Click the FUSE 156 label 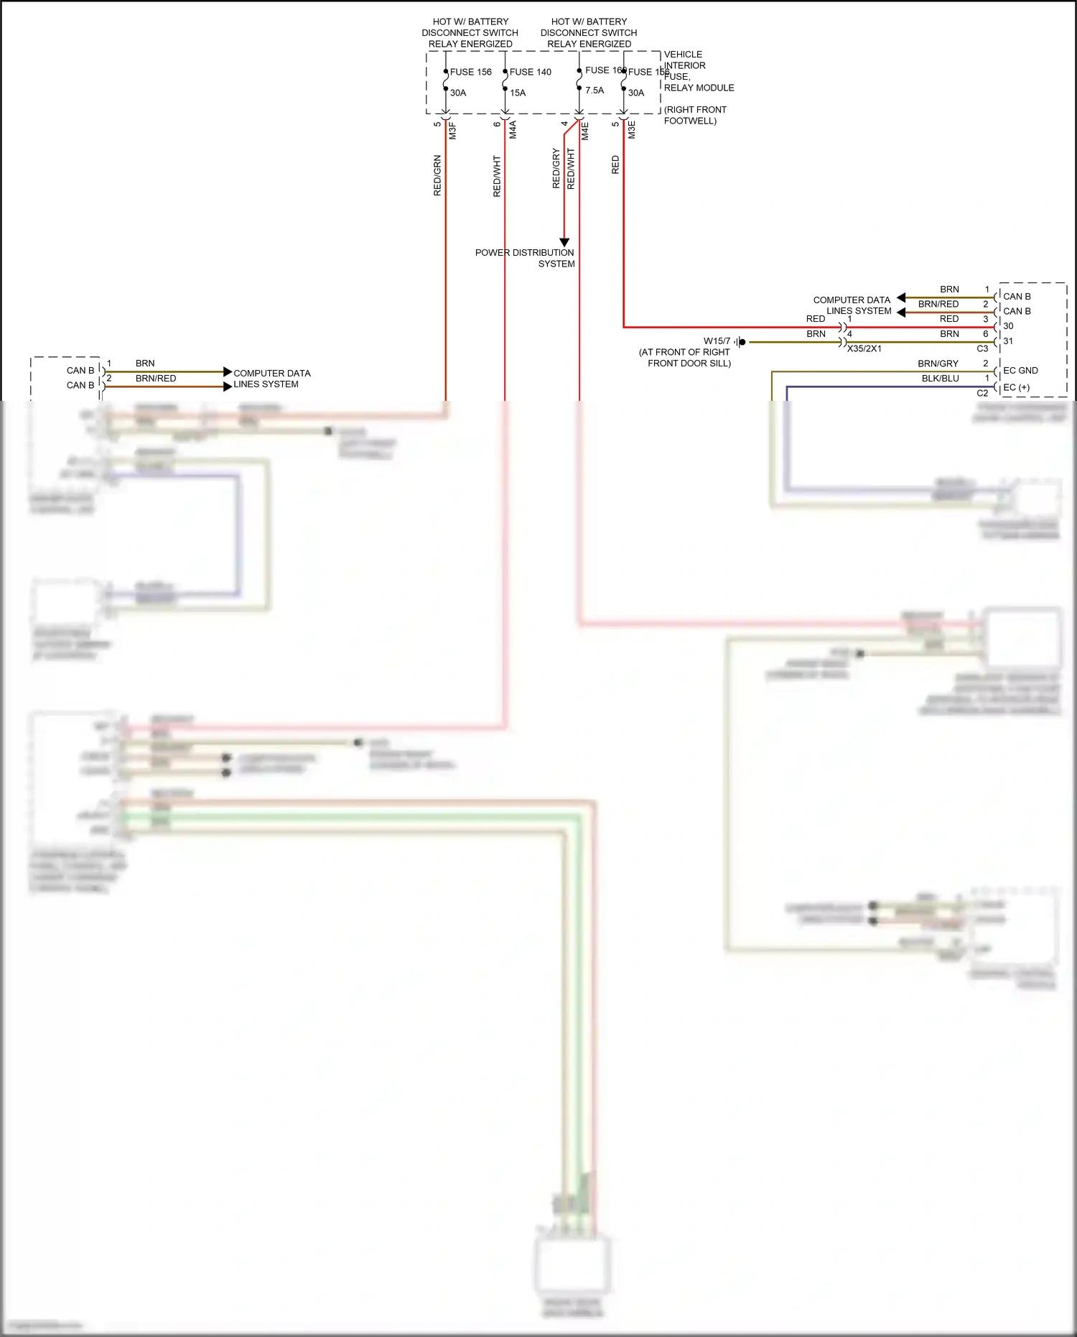point(470,72)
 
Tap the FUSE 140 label point(530,72)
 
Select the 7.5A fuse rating point(595,91)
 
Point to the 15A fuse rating point(518,93)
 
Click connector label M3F point(452,131)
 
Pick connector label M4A point(513,130)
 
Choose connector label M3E point(632,130)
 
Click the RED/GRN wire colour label point(437,175)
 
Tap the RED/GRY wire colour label point(556,169)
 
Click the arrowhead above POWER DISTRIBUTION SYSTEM point(564,242)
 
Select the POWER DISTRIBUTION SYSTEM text point(525,258)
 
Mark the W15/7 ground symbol point(741,342)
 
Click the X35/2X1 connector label point(864,348)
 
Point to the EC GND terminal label point(1020,371)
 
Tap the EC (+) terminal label point(1016,387)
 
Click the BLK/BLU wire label point(940,379)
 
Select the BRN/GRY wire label point(938,364)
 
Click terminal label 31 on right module point(1008,341)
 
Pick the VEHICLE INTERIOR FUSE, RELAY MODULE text point(698,71)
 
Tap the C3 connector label point(982,348)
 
